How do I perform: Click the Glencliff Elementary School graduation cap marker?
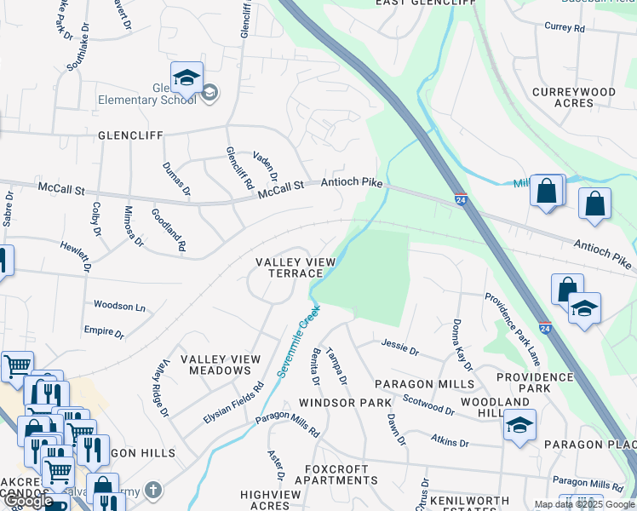tap(187, 78)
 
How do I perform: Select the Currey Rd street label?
tap(565, 27)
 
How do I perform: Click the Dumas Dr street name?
tap(176, 179)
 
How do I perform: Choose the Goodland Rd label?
tap(169, 230)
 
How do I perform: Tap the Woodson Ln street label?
tap(119, 306)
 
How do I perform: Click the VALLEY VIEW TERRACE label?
tap(290, 267)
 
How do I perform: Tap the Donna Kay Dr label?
tap(461, 345)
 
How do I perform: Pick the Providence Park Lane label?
tap(514, 330)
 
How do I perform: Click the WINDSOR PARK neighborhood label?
tap(344, 401)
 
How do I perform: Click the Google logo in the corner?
tap(28, 501)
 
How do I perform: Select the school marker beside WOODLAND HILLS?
tap(519, 423)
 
